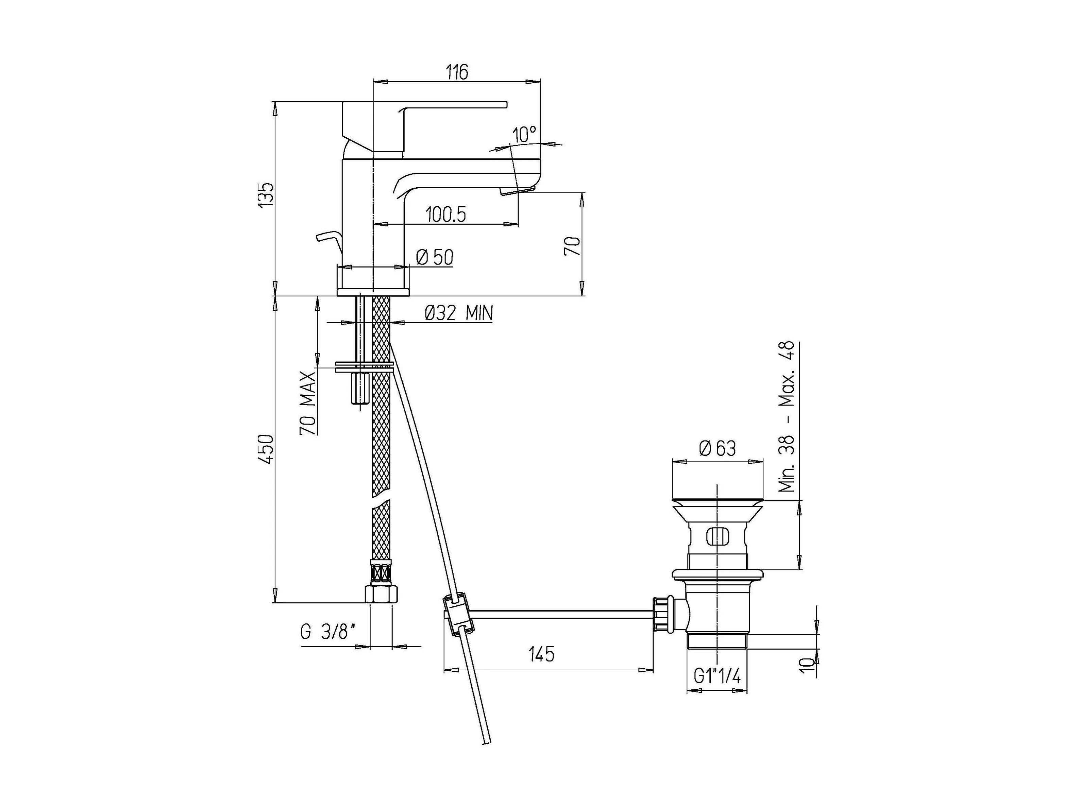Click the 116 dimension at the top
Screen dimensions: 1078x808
[457, 72]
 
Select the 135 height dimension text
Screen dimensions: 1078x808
[266, 195]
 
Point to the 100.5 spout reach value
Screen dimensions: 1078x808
[445, 214]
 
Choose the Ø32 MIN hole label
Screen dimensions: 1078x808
[458, 313]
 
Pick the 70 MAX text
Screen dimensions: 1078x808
[307, 403]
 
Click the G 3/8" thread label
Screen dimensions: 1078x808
[327, 632]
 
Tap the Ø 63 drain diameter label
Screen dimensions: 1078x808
[718, 448]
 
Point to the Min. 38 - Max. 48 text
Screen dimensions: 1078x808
[786, 416]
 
